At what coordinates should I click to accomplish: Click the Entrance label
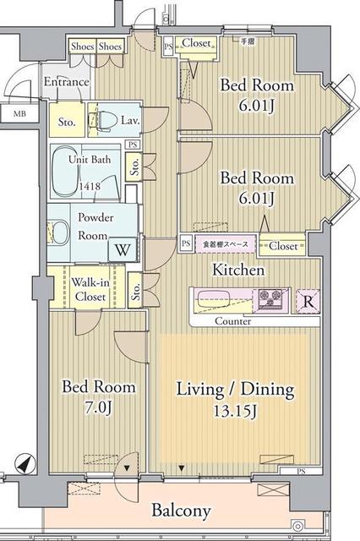click(66, 82)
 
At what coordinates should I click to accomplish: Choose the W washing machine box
click(122, 250)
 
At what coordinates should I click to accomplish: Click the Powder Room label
click(94, 224)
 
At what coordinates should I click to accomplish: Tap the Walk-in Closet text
click(87, 288)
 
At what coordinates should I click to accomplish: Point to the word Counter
click(232, 322)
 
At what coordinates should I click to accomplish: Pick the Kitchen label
click(238, 270)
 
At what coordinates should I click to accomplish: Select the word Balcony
click(181, 511)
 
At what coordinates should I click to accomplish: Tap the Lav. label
click(129, 120)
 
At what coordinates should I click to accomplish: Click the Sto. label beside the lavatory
click(67, 121)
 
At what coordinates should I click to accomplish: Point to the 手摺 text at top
click(247, 41)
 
